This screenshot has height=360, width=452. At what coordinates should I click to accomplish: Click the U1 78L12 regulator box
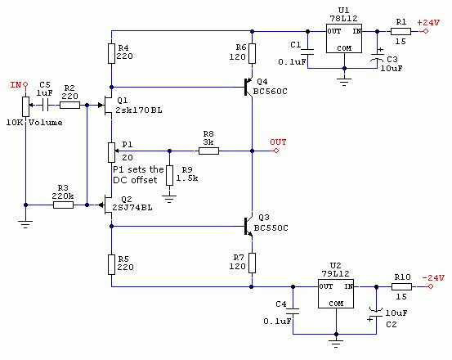344,38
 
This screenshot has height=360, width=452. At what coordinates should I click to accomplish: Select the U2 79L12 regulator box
336,294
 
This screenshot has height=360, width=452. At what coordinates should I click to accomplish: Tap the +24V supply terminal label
428,23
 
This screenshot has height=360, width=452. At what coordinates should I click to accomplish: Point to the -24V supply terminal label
433,278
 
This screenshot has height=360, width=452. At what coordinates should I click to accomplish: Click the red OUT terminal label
278,142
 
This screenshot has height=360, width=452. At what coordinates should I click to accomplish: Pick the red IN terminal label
16,85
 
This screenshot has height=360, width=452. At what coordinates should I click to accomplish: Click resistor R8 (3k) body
208,151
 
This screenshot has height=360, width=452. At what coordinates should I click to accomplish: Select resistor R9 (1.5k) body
169,175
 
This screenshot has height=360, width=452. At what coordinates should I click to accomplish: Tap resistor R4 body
111,53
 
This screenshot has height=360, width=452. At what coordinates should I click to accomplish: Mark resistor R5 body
111,264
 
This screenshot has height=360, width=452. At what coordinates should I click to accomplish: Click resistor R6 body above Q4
253,53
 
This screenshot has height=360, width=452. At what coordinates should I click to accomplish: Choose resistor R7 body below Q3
253,263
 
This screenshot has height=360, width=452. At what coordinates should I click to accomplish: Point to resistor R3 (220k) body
63,205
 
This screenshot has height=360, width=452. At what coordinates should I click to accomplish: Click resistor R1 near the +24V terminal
401,31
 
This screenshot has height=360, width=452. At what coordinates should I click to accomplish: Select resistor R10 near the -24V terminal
401,286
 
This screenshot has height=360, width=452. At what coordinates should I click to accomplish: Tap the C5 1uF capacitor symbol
45,106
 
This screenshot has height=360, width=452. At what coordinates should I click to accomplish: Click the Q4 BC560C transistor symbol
248,87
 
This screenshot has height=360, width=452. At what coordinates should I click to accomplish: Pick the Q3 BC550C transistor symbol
248,227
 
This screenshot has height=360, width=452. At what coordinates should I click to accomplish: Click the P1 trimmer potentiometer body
111,152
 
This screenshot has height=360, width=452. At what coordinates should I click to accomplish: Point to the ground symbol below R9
169,199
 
